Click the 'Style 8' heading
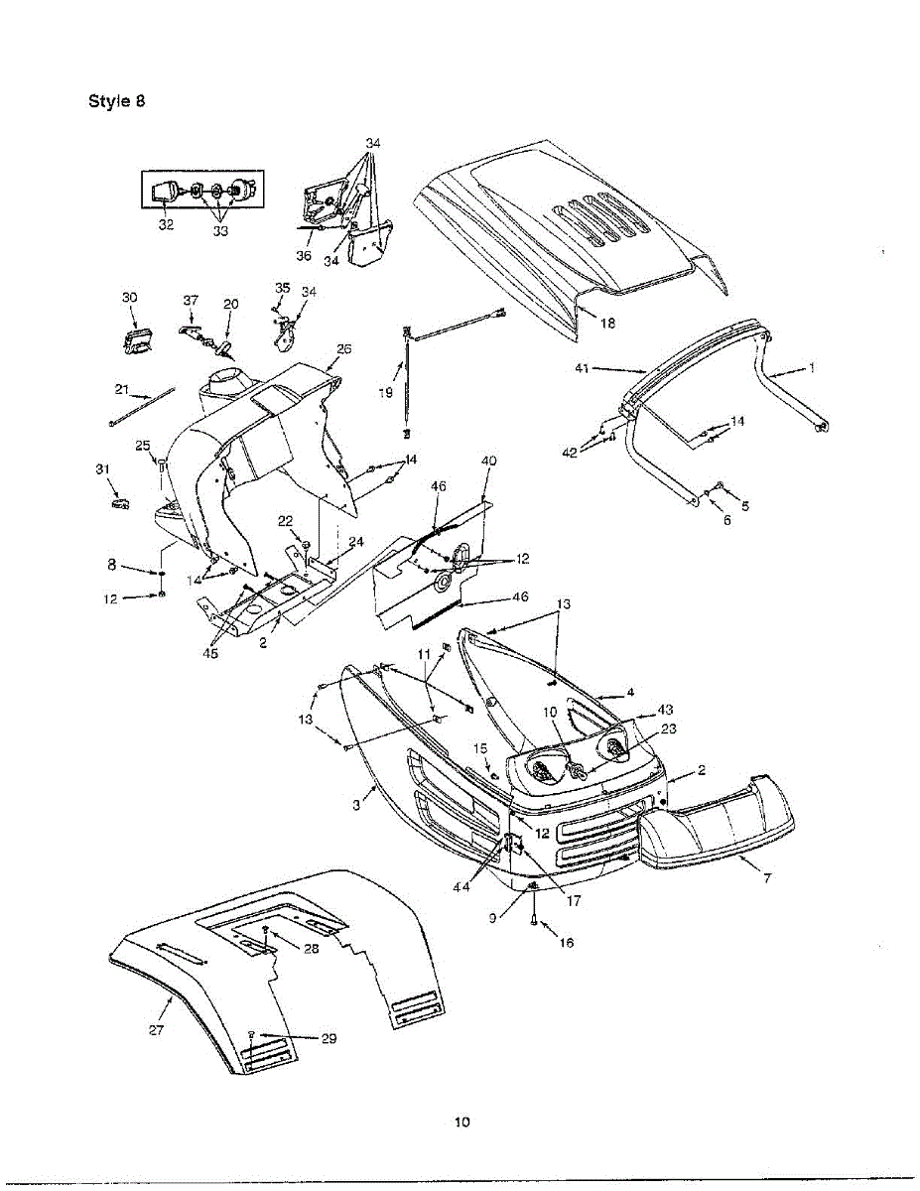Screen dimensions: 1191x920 pos(117,101)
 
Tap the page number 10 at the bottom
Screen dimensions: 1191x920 pos(460,1123)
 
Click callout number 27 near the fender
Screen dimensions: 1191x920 pos(157,1029)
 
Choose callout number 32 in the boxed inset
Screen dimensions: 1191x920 pos(166,225)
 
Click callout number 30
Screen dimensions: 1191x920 pos(130,298)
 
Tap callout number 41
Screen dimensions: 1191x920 pos(583,368)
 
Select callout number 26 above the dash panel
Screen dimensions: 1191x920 pos(343,348)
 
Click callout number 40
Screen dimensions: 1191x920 pos(488,461)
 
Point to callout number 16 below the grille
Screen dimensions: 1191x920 pos(567,943)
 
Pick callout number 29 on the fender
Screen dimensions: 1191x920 pos(329,1038)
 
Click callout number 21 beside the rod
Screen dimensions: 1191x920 pos(122,388)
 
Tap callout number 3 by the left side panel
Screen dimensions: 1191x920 pos(356,806)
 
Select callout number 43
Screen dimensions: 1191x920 pos(665,710)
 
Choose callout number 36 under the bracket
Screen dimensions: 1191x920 pos(304,256)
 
